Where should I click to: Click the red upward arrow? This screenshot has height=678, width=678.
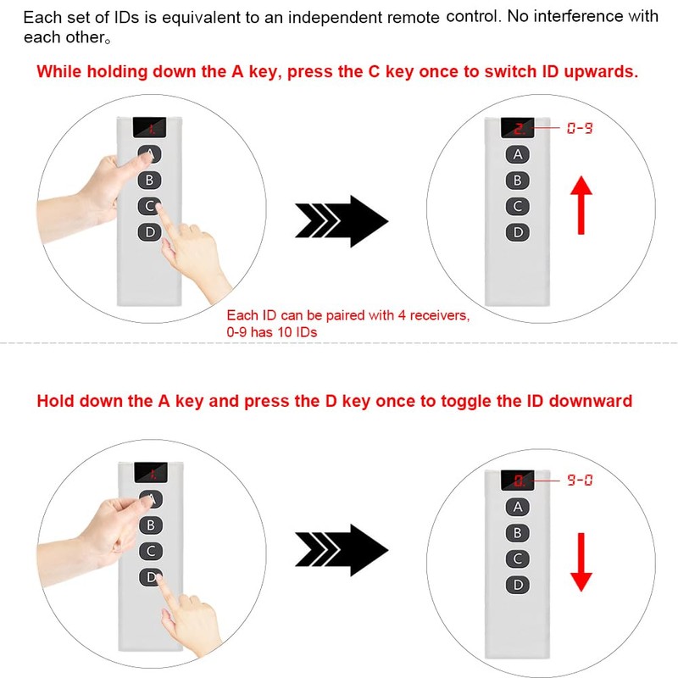(x=581, y=205)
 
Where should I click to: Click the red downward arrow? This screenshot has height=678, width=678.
(x=581, y=562)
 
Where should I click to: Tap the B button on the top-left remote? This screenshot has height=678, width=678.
(x=150, y=180)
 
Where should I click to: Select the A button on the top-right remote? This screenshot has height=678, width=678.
(x=518, y=154)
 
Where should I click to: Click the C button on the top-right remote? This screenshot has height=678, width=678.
(x=518, y=206)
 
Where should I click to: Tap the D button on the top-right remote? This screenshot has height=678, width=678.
(x=518, y=232)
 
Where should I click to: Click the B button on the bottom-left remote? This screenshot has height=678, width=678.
(x=151, y=525)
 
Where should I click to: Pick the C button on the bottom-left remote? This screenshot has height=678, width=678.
(x=151, y=551)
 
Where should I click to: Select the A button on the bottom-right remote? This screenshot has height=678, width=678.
(x=518, y=507)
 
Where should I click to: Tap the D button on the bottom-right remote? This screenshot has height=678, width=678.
(x=518, y=585)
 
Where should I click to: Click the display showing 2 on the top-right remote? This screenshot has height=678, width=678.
(x=518, y=128)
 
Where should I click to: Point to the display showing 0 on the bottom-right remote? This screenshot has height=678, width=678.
(x=518, y=481)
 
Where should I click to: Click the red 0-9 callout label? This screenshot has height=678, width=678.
(x=580, y=128)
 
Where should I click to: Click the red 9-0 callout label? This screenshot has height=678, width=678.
(x=580, y=480)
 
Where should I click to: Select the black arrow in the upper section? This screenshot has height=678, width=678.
(x=342, y=221)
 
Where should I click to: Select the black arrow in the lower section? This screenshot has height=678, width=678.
(x=342, y=550)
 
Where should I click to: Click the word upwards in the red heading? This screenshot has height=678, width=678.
(x=601, y=72)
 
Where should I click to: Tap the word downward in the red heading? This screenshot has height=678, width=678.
(x=590, y=401)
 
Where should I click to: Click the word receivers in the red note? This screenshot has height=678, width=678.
(x=439, y=315)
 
